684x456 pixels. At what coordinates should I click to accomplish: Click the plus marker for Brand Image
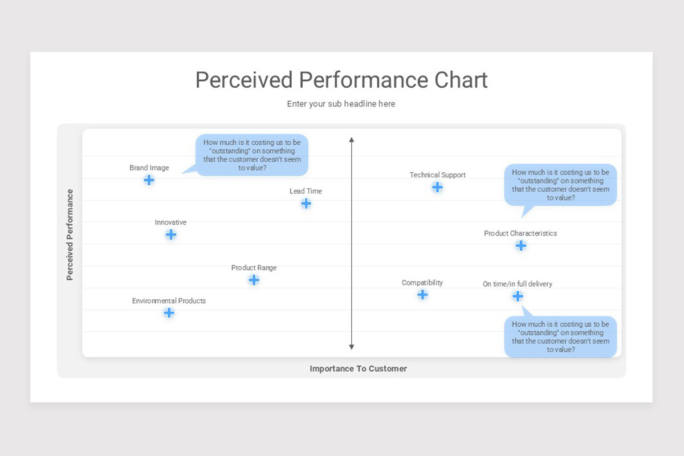pos(149,180)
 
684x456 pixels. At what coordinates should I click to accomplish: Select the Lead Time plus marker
pos(306,203)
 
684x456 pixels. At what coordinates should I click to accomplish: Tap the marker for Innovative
pos(170,235)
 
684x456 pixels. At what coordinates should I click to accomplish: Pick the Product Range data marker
pos(254,280)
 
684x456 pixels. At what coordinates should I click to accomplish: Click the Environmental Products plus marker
pos(169,313)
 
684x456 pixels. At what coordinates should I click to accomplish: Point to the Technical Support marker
pos(437,187)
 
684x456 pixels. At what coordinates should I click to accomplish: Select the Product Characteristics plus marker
pos(521,246)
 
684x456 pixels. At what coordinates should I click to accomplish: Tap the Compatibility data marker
pos(422,295)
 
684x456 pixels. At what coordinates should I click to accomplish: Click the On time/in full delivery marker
pos(518,296)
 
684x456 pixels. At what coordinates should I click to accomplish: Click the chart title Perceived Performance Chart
pos(341,80)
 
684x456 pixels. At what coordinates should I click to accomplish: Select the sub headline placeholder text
pos(341,104)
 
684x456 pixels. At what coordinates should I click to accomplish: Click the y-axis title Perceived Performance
pos(70,235)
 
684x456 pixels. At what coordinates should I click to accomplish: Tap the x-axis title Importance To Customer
pos(358,369)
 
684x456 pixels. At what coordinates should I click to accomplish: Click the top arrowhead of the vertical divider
pos(352,140)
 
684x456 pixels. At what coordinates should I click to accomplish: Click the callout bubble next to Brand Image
pos(252,155)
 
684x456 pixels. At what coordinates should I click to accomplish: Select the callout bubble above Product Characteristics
pos(560,185)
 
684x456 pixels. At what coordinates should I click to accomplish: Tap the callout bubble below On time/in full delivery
pos(560,337)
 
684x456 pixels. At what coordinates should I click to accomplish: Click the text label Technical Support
pos(437,175)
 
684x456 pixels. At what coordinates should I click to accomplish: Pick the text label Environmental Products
pos(169,301)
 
